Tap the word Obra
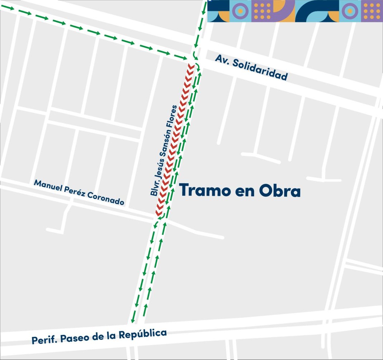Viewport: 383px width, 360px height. tap(279, 191)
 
